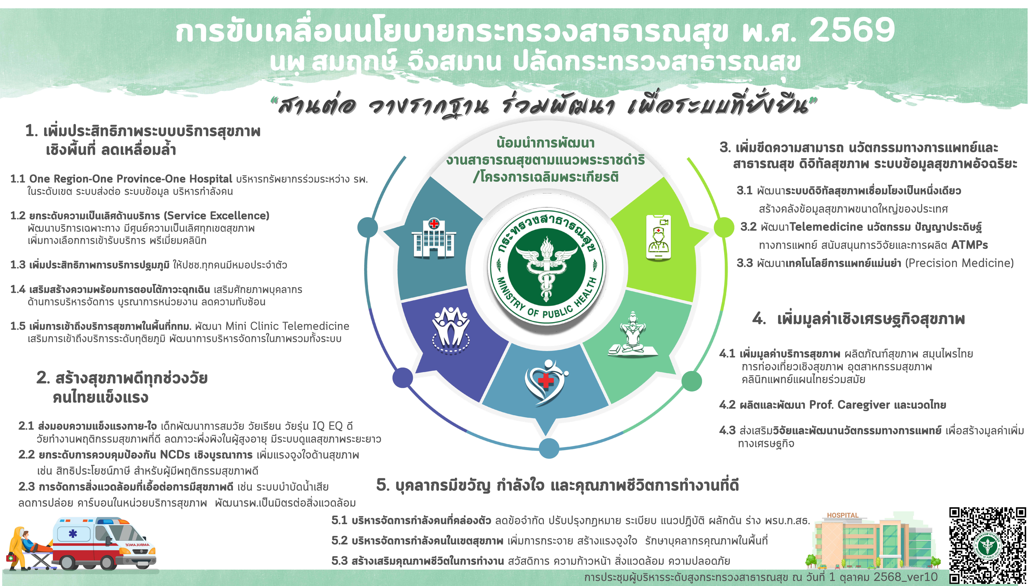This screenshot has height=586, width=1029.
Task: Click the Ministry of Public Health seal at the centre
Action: point(546,267)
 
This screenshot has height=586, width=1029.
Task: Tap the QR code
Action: point(987,545)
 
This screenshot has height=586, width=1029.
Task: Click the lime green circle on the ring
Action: point(724,227)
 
